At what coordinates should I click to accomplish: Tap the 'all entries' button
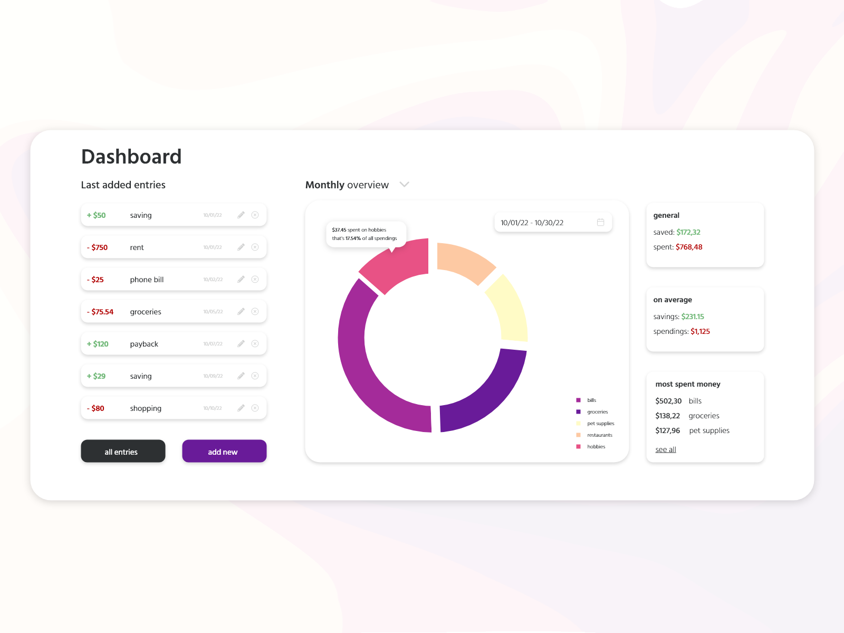(123, 452)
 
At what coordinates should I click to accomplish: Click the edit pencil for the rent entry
(241, 247)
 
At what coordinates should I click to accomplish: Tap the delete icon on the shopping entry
(255, 408)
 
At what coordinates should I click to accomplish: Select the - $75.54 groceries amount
(100, 312)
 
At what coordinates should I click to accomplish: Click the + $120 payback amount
(98, 344)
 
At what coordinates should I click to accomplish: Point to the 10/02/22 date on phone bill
(213, 280)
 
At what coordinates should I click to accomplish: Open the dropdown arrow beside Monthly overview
(405, 185)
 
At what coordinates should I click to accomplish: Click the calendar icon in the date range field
(600, 223)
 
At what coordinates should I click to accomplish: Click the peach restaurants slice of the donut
(464, 261)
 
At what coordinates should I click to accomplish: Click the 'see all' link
(666, 449)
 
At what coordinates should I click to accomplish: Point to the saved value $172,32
(688, 232)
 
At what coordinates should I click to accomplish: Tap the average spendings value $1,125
(700, 331)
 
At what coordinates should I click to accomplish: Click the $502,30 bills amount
(668, 401)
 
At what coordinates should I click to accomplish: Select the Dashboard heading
(131, 157)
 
